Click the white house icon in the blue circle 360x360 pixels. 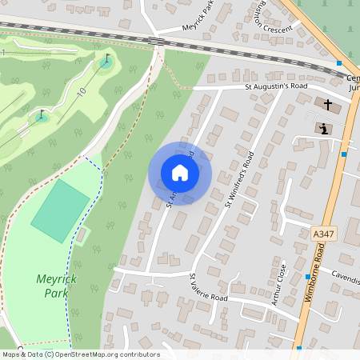point(180,172)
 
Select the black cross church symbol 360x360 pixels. point(326,104)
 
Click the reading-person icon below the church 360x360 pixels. point(322,128)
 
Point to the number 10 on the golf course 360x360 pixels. point(82,92)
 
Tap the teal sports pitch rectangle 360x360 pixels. point(61,211)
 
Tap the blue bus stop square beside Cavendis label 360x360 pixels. point(308,276)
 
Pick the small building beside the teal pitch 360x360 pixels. point(82,234)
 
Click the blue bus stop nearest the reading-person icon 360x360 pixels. point(344,154)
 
